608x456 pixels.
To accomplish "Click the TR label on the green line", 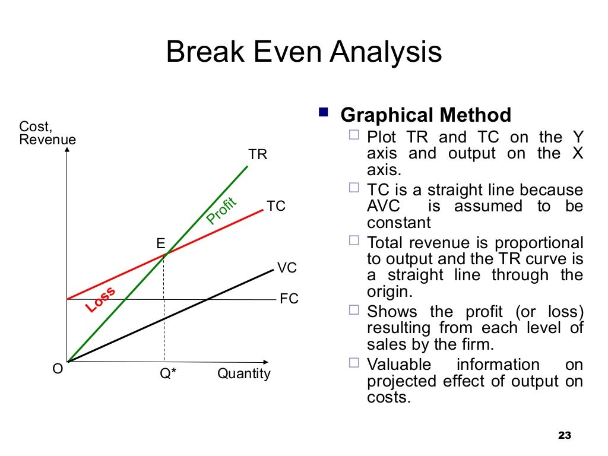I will [258, 155].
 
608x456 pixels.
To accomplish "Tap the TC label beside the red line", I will [276, 207].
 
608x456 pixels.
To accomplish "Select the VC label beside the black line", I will [287, 268].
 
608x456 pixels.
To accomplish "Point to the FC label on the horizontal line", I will [289, 299].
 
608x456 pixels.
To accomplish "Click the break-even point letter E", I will [160, 243].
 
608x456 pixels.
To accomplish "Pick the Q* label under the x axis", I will [168, 374].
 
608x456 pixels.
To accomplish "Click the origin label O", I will [58, 369].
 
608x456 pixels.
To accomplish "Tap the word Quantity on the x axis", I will [243, 374].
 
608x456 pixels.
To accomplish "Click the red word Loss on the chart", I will [100, 299].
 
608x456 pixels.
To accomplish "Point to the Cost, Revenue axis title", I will [47, 133].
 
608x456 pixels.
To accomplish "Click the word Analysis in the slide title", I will [386, 52].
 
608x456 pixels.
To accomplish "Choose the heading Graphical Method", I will [426, 115].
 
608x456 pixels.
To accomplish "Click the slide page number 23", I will [564, 436].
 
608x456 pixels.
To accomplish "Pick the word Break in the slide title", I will [203, 52].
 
